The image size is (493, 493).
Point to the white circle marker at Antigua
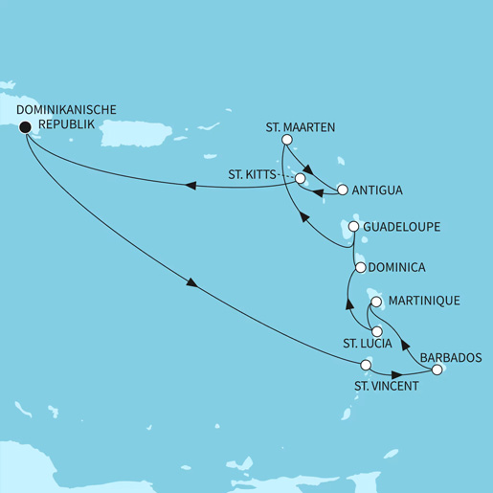(x=342, y=189)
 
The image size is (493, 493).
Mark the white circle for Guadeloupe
(x=353, y=227)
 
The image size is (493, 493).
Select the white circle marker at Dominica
(x=360, y=268)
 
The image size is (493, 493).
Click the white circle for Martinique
(x=377, y=303)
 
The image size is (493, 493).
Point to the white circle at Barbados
(x=437, y=370)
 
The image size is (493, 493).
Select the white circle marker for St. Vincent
(x=365, y=365)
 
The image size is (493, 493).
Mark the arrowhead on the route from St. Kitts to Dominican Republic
(x=190, y=187)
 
